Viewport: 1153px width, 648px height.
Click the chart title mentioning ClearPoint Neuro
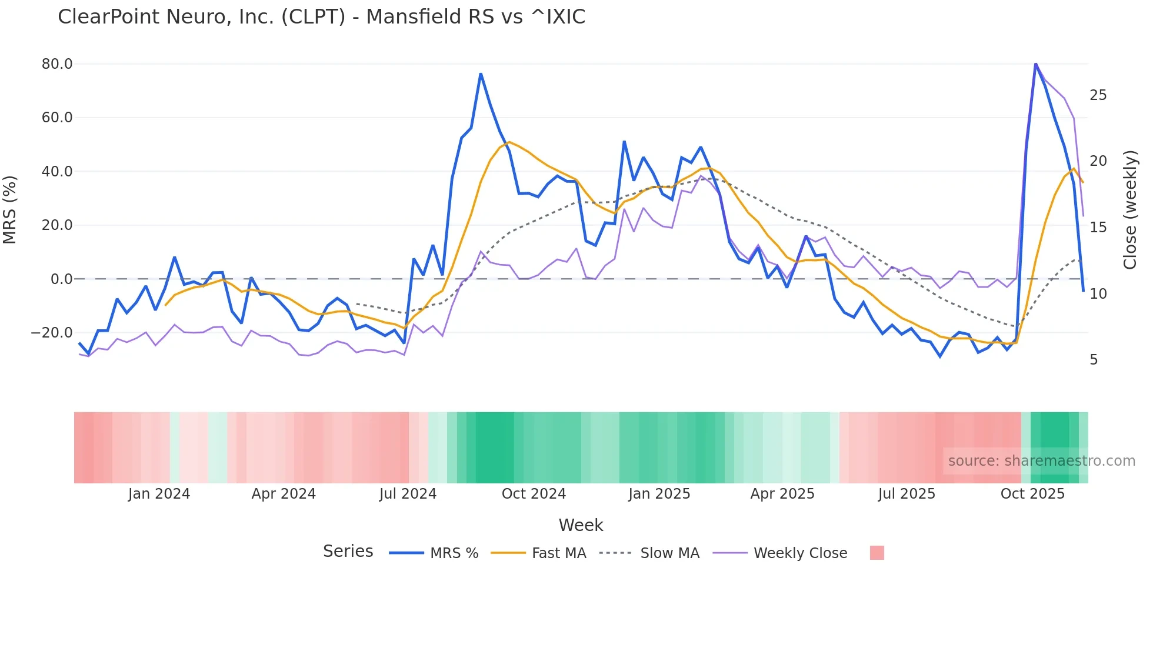(321, 17)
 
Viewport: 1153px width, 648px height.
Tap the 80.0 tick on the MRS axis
(57, 64)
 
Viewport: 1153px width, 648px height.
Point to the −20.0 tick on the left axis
(52, 333)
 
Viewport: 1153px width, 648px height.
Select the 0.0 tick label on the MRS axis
(61, 279)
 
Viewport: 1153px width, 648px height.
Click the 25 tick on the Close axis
(1098, 95)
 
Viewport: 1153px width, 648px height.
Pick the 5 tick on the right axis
(1094, 360)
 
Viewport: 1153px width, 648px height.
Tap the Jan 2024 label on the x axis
(159, 494)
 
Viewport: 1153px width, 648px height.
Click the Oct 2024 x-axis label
(534, 494)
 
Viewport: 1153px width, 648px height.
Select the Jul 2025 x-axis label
(907, 494)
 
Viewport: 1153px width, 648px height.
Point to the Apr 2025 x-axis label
(782, 494)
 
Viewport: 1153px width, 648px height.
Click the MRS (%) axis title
(10, 210)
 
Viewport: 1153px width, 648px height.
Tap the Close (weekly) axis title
(1130, 210)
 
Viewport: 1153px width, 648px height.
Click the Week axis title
(581, 525)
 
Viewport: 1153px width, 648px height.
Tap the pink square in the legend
(877, 553)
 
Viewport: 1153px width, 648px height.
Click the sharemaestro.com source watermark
(1041, 461)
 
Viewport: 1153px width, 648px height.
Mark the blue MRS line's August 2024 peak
(481, 74)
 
